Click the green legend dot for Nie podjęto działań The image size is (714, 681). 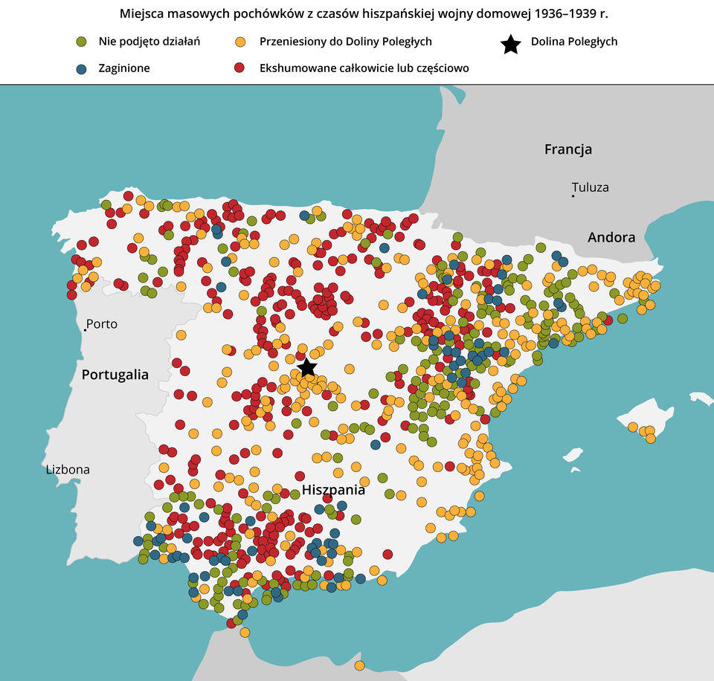pos(82,42)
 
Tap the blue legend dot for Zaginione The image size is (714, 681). pos(82,68)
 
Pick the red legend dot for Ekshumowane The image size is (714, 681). pos(240,68)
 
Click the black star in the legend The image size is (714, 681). pos(510,45)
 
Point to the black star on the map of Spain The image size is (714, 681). pos(306,367)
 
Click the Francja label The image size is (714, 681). pos(568,149)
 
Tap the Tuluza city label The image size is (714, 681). pos(591,187)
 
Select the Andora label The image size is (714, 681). pos(611,238)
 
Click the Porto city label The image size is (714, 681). pos(102,324)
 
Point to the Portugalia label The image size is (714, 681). pos(115,375)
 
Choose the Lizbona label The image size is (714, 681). pos(68,470)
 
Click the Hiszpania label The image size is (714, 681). pos(333,491)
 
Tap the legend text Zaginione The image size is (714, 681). pos(124,68)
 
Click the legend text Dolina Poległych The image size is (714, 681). pos(574,42)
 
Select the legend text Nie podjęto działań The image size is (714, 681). pos(149,42)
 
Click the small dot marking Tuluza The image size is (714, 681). pos(573,196)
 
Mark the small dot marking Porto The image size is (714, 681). pos(85,329)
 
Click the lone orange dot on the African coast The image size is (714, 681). pos(359,665)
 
